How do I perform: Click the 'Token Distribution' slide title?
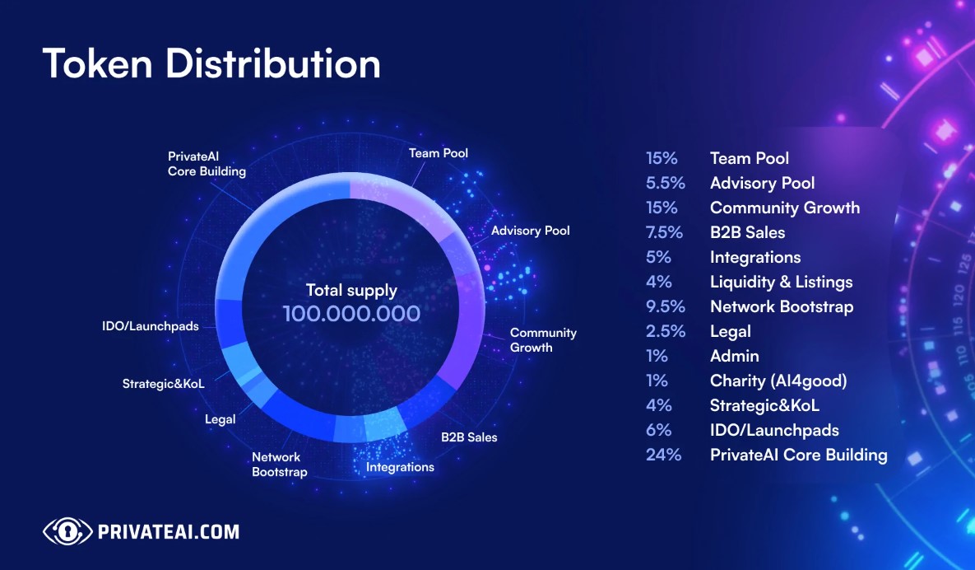[x=211, y=64]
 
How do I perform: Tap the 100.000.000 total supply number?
[x=351, y=314]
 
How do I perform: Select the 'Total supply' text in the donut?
[x=351, y=290]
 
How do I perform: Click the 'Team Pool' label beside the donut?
[x=439, y=153]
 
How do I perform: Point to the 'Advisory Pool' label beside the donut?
[x=530, y=231]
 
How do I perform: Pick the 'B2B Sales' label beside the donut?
[x=469, y=437]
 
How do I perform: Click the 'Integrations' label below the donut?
[x=400, y=467]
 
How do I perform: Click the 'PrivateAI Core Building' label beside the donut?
[x=207, y=164]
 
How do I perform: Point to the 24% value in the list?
[x=663, y=455]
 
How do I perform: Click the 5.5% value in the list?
[x=666, y=183]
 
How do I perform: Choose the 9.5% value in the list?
[x=666, y=306]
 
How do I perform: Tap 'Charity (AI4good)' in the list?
[x=778, y=381]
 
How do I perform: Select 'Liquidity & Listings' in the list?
[x=781, y=282]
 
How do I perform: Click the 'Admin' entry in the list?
[x=734, y=356]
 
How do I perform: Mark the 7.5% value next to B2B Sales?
[x=666, y=232]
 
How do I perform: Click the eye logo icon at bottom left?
[x=67, y=531]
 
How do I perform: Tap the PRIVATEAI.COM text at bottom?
[x=169, y=531]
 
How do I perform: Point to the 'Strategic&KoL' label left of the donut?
[x=163, y=384]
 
